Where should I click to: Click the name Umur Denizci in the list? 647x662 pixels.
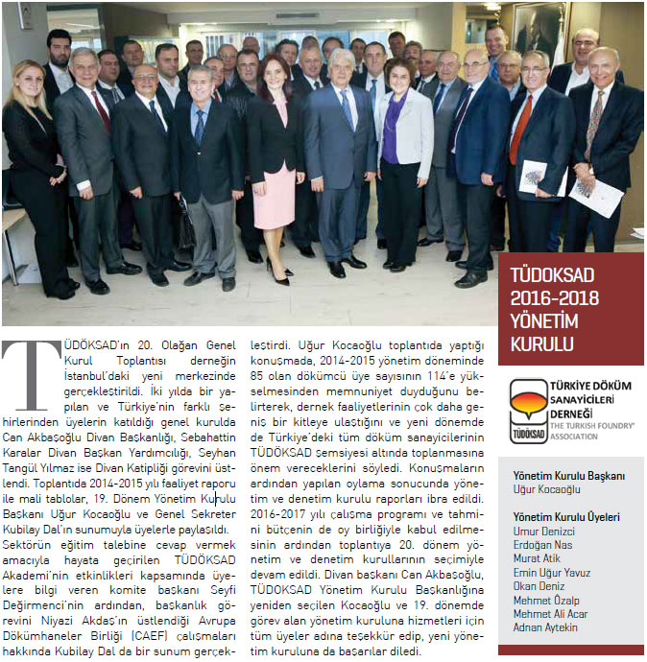point(543,532)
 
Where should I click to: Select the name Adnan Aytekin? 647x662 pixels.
point(546,627)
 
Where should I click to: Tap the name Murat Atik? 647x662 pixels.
point(538,559)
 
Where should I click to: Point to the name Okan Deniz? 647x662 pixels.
point(539,586)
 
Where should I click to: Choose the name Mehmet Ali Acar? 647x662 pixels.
point(551,614)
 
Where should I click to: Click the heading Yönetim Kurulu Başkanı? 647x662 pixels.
point(569,476)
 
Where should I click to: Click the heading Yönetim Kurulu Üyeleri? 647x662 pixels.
point(565,517)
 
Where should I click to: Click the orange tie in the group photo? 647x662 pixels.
point(521,130)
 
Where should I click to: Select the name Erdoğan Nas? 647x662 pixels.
point(542,545)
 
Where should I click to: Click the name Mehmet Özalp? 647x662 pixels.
point(545,601)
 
